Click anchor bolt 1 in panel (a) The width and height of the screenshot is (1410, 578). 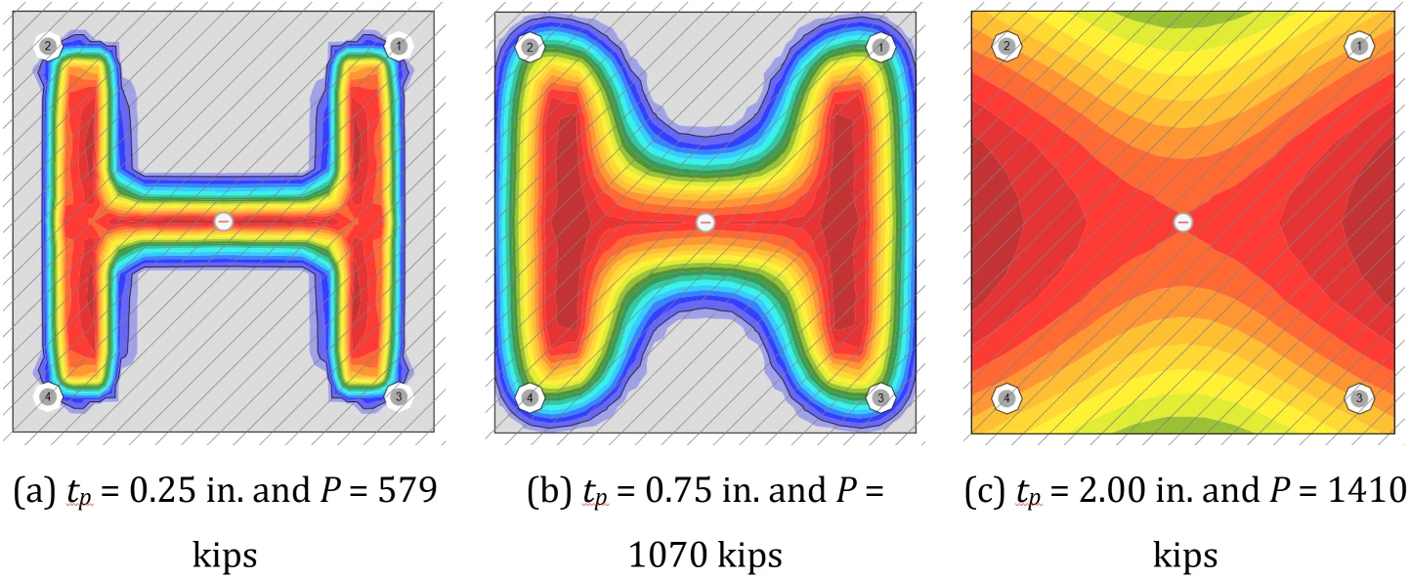(x=398, y=46)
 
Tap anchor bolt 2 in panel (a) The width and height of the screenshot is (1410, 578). (x=48, y=46)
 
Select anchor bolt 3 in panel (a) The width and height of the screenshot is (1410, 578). (x=398, y=396)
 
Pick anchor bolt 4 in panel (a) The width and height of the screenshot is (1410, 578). (x=48, y=396)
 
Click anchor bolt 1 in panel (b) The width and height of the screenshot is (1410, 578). (x=880, y=47)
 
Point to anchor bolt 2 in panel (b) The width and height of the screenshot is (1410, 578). (x=530, y=47)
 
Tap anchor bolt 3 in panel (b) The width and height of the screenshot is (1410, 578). (x=880, y=397)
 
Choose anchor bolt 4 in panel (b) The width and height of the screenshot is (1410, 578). (x=530, y=397)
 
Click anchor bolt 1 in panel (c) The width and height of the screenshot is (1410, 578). (x=1359, y=46)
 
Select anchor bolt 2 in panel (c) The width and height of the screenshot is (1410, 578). (x=1007, y=46)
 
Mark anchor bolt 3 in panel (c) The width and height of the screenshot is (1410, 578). (x=1359, y=398)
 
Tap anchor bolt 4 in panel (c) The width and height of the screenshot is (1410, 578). (x=1007, y=398)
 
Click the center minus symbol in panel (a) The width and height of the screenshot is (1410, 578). (x=224, y=222)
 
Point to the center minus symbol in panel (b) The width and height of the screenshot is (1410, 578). (x=705, y=222)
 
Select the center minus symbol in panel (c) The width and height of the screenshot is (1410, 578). (x=1183, y=222)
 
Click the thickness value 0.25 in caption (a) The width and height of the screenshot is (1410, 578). (x=163, y=490)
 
